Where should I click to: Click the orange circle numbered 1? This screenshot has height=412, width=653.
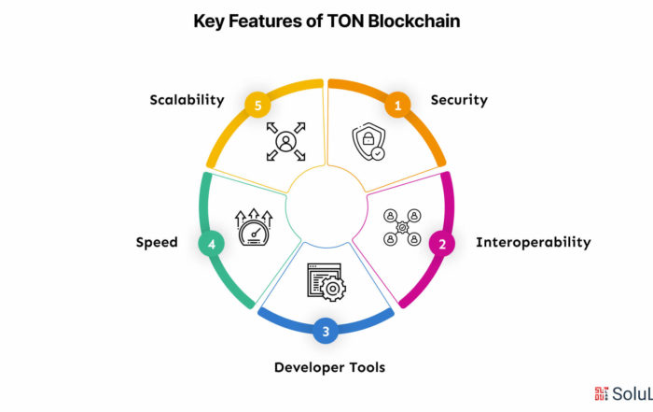point(397,105)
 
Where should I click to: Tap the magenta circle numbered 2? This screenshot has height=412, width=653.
point(442,244)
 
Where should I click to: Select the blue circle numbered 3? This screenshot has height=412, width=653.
point(326,331)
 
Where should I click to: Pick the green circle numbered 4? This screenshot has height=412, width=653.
point(212,244)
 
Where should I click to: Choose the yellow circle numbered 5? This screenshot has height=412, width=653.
point(257,105)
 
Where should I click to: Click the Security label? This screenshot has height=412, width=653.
point(459,100)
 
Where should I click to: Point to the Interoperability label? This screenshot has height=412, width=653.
point(534,242)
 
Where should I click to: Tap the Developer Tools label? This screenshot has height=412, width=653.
point(330,367)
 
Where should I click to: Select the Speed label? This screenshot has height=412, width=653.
point(157,243)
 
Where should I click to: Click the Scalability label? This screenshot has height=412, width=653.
point(187,100)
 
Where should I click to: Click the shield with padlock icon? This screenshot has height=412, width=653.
point(369,141)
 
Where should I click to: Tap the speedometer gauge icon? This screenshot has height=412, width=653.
point(254,227)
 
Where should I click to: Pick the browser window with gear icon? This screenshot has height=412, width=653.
point(326,282)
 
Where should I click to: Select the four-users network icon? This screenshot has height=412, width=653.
point(402,227)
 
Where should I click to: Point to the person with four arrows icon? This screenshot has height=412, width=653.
point(286,141)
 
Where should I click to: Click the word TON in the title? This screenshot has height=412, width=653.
point(346,21)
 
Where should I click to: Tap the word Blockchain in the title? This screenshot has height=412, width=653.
point(414,21)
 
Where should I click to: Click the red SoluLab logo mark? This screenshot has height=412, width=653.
point(602,393)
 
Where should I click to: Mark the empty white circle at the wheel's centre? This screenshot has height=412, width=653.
point(326,206)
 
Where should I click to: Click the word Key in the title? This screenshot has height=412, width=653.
point(209,21)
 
